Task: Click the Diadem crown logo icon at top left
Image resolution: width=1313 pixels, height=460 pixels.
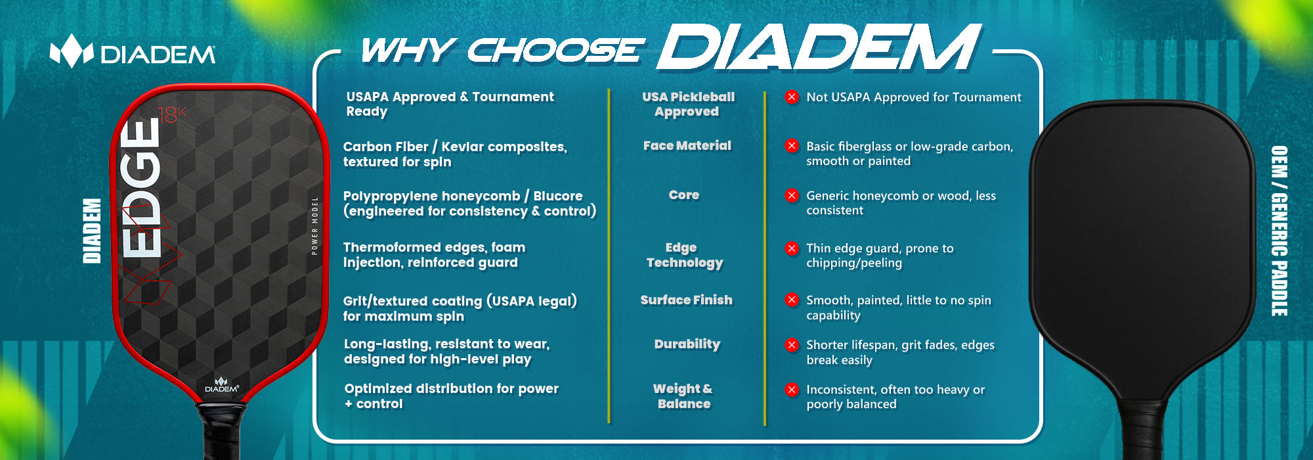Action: click(72, 51)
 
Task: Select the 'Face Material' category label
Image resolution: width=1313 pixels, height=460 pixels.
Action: click(687, 146)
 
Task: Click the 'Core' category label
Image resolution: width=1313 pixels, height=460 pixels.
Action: click(684, 195)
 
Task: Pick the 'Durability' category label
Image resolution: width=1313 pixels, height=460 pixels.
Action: click(687, 344)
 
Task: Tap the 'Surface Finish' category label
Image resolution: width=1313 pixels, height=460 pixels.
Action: click(686, 300)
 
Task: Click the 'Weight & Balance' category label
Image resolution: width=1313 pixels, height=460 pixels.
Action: click(683, 396)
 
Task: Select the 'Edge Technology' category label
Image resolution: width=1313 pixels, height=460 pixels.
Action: click(684, 255)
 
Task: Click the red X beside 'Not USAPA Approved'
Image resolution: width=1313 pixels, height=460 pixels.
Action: click(792, 97)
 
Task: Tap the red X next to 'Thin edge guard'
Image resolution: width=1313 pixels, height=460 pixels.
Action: click(792, 248)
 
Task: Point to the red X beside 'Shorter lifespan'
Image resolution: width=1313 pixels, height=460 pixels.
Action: click(792, 345)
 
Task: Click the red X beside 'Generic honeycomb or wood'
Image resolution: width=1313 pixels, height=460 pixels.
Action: click(792, 196)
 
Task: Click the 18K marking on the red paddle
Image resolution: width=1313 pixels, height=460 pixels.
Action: click(173, 115)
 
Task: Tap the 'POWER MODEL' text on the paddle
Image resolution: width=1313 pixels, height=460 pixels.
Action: click(314, 225)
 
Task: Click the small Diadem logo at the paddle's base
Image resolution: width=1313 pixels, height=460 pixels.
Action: click(221, 385)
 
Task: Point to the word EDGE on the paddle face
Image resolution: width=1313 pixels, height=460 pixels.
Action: click(140, 187)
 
